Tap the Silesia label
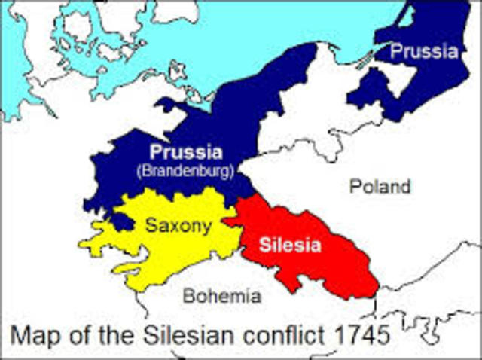click(x=290, y=245)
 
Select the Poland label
click(x=380, y=186)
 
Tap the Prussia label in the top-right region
click(x=423, y=52)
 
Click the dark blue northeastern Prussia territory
click(x=433, y=83)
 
